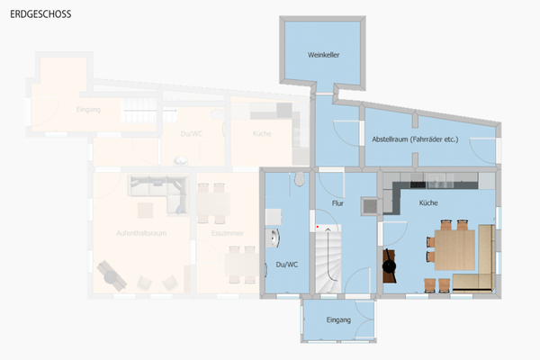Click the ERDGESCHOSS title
[x=41, y=15]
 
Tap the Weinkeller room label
[x=323, y=55]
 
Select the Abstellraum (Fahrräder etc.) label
[x=415, y=139]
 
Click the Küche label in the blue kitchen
[x=428, y=203]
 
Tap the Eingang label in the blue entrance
[x=338, y=320]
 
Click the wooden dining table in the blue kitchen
[x=455, y=249]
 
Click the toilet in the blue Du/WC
[x=297, y=178]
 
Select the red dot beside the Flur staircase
[x=318, y=225]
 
